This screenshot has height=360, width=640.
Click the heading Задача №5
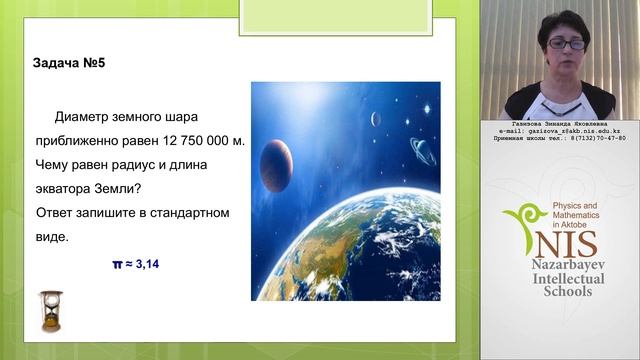point(70,63)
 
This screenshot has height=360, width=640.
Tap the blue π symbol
point(116,264)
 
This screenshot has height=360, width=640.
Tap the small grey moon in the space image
point(376,119)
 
